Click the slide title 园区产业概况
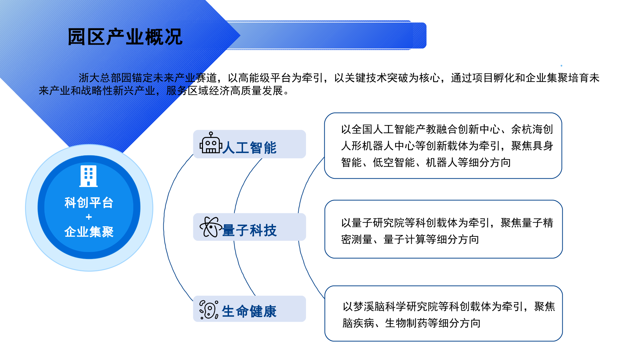point(125,37)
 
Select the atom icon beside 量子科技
point(211,227)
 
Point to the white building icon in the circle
point(89,176)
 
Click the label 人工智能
point(249,148)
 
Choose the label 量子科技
point(249,230)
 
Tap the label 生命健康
point(249,311)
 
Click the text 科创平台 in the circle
point(89,202)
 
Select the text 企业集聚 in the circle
point(89,232)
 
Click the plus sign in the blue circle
point(89,217)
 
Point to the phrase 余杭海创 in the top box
point(532,129)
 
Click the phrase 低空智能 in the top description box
point(394,162)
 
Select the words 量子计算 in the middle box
point(405,239)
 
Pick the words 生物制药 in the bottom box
point(406,323)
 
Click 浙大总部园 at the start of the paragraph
point(105,78)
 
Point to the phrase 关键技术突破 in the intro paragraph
point(377,78)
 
